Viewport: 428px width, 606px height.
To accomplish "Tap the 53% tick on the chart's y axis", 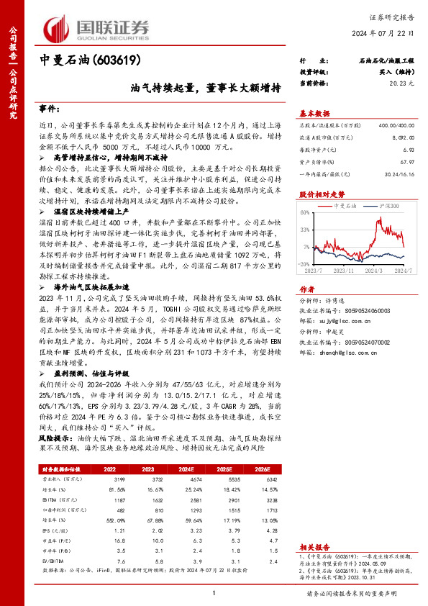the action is tap(305, 230).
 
